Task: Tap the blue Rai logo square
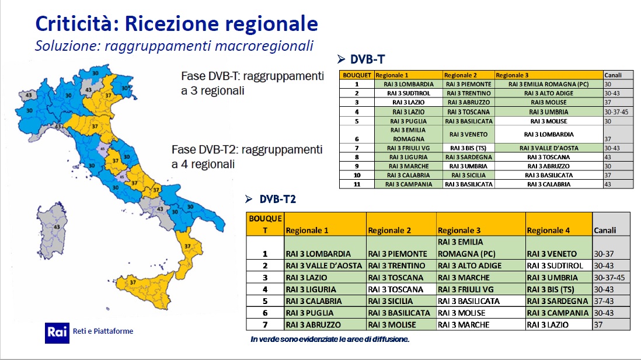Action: [x=57, y=333]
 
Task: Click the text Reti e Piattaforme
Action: [x=103, y=331]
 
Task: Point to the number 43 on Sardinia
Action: [x=57, y=227]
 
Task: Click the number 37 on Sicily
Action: [x=133, y=282]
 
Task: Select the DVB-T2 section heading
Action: [x=277, y=199]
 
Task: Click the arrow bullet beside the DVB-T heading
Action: [x=342, y=60]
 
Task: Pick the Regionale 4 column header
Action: [x=548, y=230]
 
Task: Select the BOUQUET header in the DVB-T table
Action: [x=357, y=75]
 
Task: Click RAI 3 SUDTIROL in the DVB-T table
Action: [x=409, y=93]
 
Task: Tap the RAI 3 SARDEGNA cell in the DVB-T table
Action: [x=468, y=158]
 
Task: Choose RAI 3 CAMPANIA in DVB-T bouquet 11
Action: [x=409, y=184]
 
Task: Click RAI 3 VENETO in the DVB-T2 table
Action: [x=552, y=254]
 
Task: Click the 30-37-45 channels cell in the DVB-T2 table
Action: [x=609, y=278]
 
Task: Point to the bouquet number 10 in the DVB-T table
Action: [x=357, y=175]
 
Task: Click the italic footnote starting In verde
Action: [x=330, y=339]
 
